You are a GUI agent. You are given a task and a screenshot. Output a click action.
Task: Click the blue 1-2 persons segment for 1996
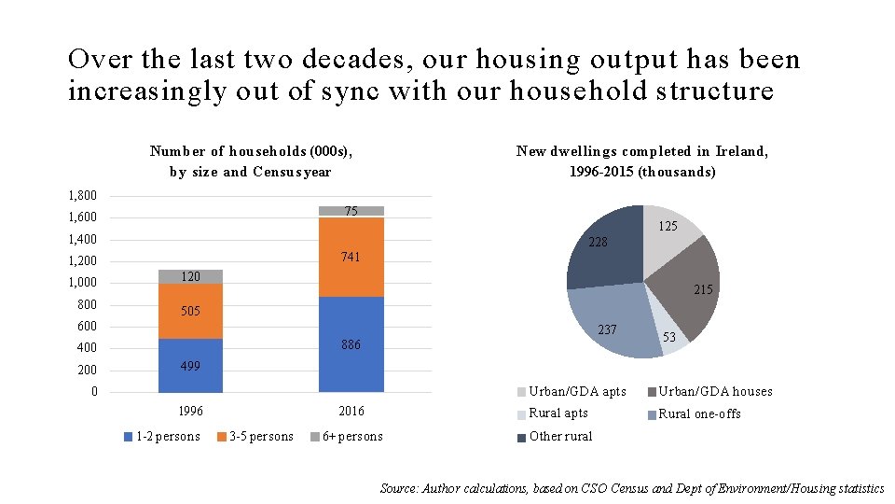click(x=190, y=365)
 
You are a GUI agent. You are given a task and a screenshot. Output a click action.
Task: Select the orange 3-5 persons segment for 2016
click(x=351, y=257)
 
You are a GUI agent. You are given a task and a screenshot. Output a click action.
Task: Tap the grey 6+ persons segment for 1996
click(x=190, y=276)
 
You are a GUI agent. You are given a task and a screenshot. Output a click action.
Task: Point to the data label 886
click(x=351, y=344)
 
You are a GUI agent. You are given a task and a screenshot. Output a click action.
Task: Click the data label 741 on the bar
click(x=351, y=257)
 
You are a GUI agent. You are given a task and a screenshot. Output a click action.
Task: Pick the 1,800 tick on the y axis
click(x=82, y=196)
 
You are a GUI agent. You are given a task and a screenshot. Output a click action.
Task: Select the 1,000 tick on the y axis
click(x=82, y=283)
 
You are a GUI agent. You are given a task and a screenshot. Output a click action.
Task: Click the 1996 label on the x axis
click(x=190, y=412)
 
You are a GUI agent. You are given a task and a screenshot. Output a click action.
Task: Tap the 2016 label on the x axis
click(x=351, y=412)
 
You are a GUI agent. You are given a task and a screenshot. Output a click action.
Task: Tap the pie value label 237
click(x=607, y=330)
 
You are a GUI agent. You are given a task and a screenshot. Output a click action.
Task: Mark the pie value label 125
click(x=668, y=227)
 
